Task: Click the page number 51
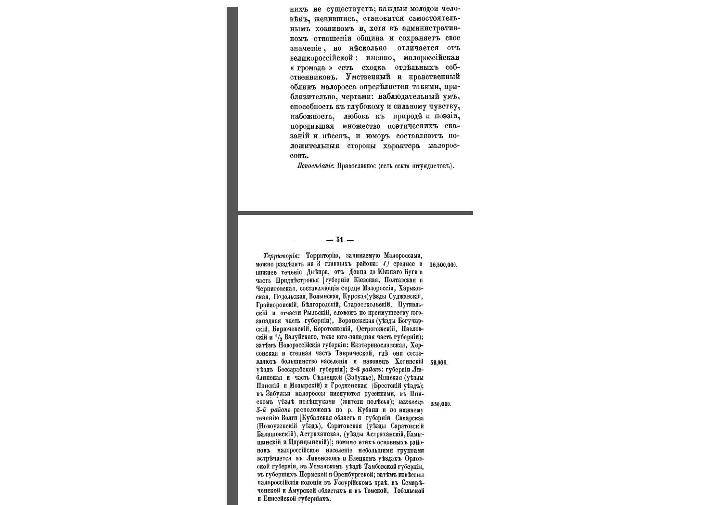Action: pos(340,240)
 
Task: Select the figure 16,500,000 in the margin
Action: pos(443,265)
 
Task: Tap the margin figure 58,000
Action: pos(438,362)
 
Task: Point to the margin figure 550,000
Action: pos(440,404)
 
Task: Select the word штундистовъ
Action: pos(433,166)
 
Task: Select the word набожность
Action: pos(312,117)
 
